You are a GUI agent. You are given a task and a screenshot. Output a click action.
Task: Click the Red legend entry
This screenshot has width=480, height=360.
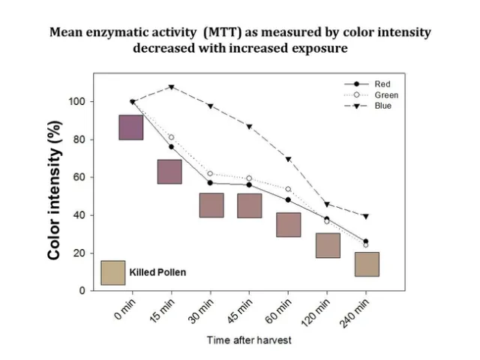382,84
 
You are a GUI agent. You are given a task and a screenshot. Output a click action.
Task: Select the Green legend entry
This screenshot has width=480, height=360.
385,95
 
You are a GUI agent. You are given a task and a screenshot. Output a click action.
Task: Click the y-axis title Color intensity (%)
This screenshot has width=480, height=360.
55,203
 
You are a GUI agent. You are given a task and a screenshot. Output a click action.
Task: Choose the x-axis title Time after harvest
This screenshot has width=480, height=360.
249,340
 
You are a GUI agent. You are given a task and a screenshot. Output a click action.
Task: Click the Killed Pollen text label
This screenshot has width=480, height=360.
157,273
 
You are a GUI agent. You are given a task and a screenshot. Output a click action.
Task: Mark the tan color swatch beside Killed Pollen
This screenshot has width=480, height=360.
112,272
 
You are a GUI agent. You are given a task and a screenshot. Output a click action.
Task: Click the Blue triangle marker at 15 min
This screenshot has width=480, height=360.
171,87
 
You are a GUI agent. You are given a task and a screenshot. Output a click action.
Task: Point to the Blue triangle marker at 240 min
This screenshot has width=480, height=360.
365,216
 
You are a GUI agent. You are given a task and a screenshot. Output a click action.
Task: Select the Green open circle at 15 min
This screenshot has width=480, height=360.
171,137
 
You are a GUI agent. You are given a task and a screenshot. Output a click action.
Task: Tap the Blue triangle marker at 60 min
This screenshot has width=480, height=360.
288,159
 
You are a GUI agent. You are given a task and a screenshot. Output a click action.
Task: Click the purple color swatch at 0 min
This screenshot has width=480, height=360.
131,127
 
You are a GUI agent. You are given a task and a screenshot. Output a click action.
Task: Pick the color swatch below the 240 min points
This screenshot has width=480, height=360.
367,264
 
